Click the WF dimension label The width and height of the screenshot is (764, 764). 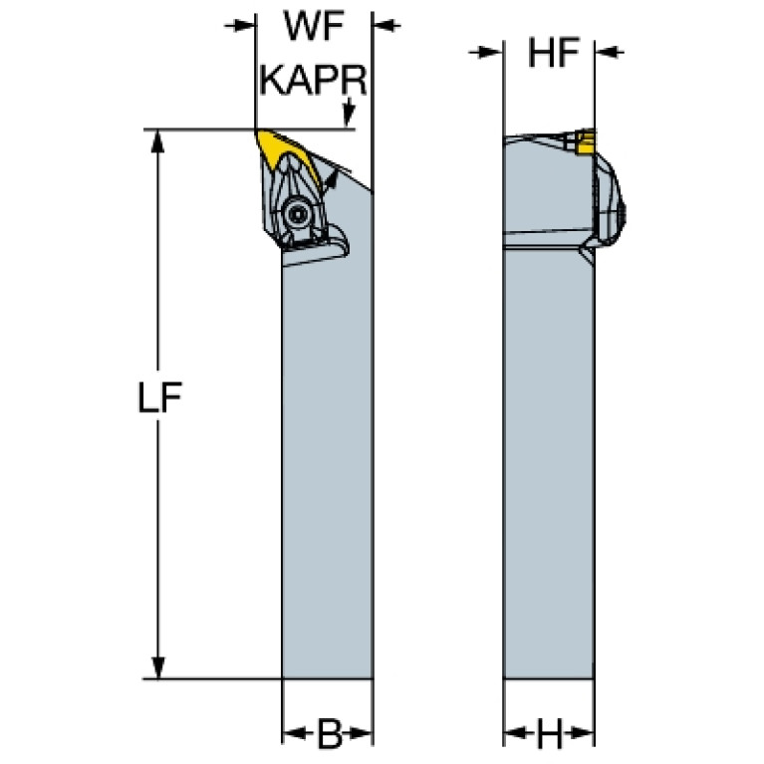point(314,27)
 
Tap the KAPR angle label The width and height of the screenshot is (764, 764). point(314,80)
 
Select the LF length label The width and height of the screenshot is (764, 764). point(160,397)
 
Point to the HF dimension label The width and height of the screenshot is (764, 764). point(554,52)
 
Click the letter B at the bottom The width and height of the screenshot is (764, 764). point(330,733)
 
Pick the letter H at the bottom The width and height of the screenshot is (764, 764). point(550,733)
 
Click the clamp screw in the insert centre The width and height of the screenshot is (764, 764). point(296,213)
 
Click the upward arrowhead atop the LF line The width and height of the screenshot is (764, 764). point(157,141)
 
